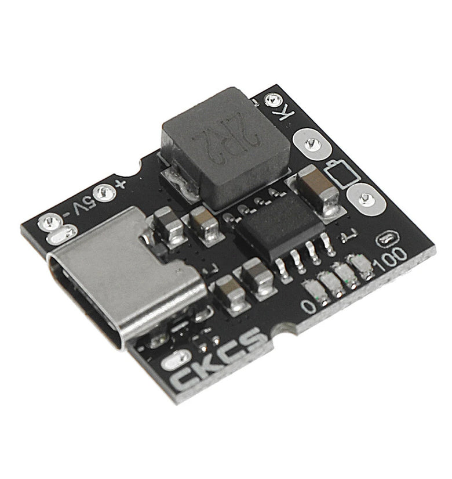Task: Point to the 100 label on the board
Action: (x=392, y=259)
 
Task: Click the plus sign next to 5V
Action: (x=119, y=184)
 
